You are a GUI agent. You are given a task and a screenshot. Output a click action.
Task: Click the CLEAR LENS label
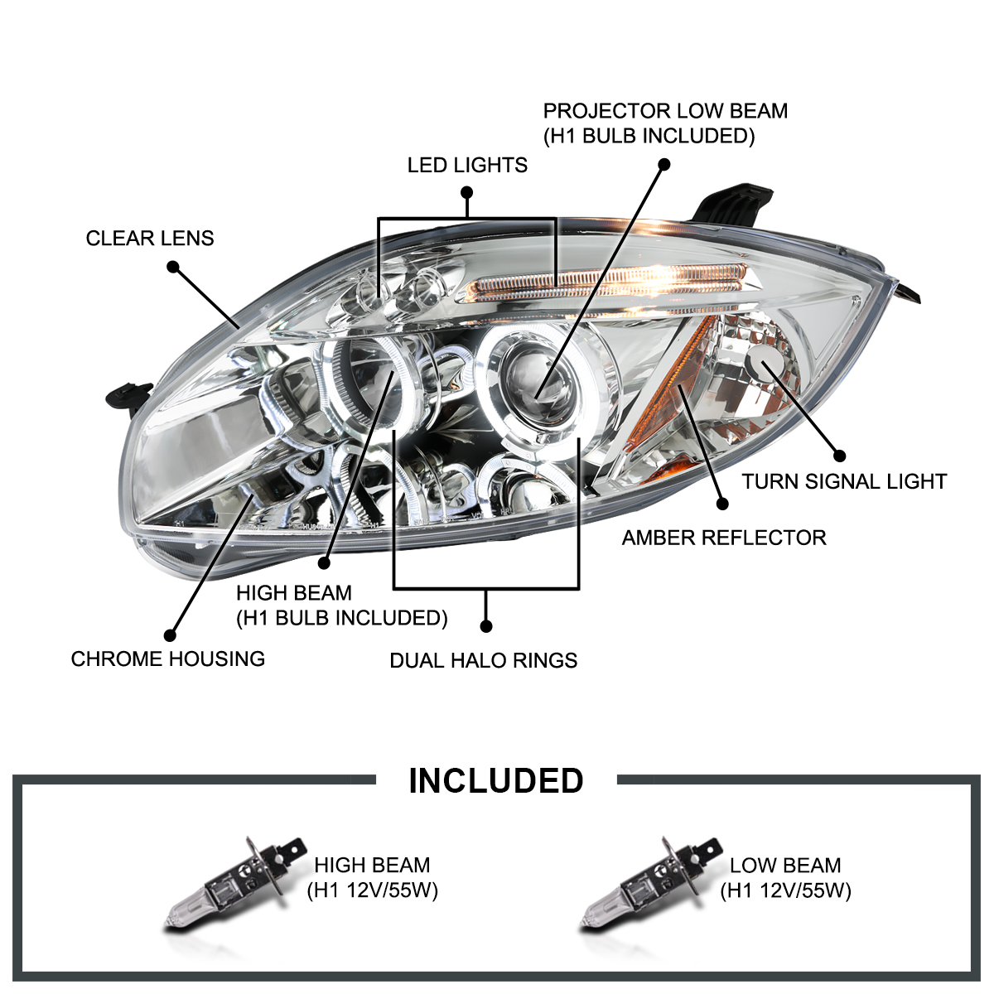(x=150, y=239)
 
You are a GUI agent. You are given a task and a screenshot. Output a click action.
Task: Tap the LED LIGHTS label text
(x=467, y=166)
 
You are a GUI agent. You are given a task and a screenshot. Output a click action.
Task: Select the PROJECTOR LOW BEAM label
(x=665, y=112)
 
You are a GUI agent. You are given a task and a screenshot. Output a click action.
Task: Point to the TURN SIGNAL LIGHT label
(x=843, y=481)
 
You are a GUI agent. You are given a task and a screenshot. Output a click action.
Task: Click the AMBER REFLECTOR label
(x=724, y=538)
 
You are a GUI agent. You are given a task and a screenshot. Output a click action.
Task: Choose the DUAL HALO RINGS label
(x=484, y=660)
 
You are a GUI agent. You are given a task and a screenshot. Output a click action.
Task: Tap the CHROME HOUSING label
(x=168, y=659)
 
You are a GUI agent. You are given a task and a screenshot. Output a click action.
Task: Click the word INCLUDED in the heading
(x=496, y=781)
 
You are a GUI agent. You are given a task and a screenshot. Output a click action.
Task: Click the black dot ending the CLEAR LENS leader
(x=173, y=267)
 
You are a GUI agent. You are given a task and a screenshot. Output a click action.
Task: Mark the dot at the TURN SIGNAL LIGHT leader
(x=839, y=456)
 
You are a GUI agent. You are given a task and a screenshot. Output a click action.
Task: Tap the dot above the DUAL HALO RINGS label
(x=486, y=626)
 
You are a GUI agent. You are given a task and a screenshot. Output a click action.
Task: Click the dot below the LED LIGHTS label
(x=467, y=192)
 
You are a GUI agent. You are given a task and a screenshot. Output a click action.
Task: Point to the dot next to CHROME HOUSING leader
(x=170, y=635)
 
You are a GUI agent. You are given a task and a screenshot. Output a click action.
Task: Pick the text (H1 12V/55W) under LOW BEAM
(x=785, y=890)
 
